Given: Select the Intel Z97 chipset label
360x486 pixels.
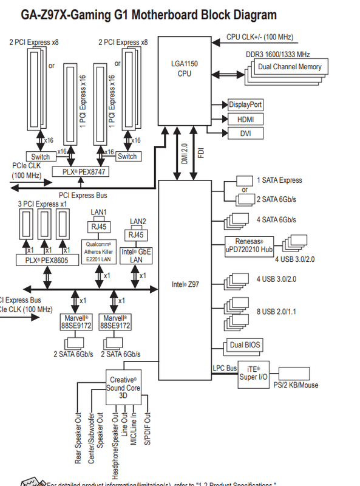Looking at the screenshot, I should [x=185, y=284].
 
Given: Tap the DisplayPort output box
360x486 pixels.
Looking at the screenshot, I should [x=246, y=105].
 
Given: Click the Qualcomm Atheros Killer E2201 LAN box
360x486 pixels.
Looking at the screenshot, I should [x=99, y=251].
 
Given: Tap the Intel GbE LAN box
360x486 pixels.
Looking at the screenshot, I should [x=136, y=255].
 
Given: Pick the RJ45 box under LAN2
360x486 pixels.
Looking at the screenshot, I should [x=136, y=234].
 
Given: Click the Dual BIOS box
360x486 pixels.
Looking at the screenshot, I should [x=245, y=345].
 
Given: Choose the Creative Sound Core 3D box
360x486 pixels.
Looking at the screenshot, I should [x=123, y=387].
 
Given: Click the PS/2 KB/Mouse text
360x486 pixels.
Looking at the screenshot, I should [x=296, y=385].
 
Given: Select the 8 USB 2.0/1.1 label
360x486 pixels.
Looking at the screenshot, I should [x=280, y=311].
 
